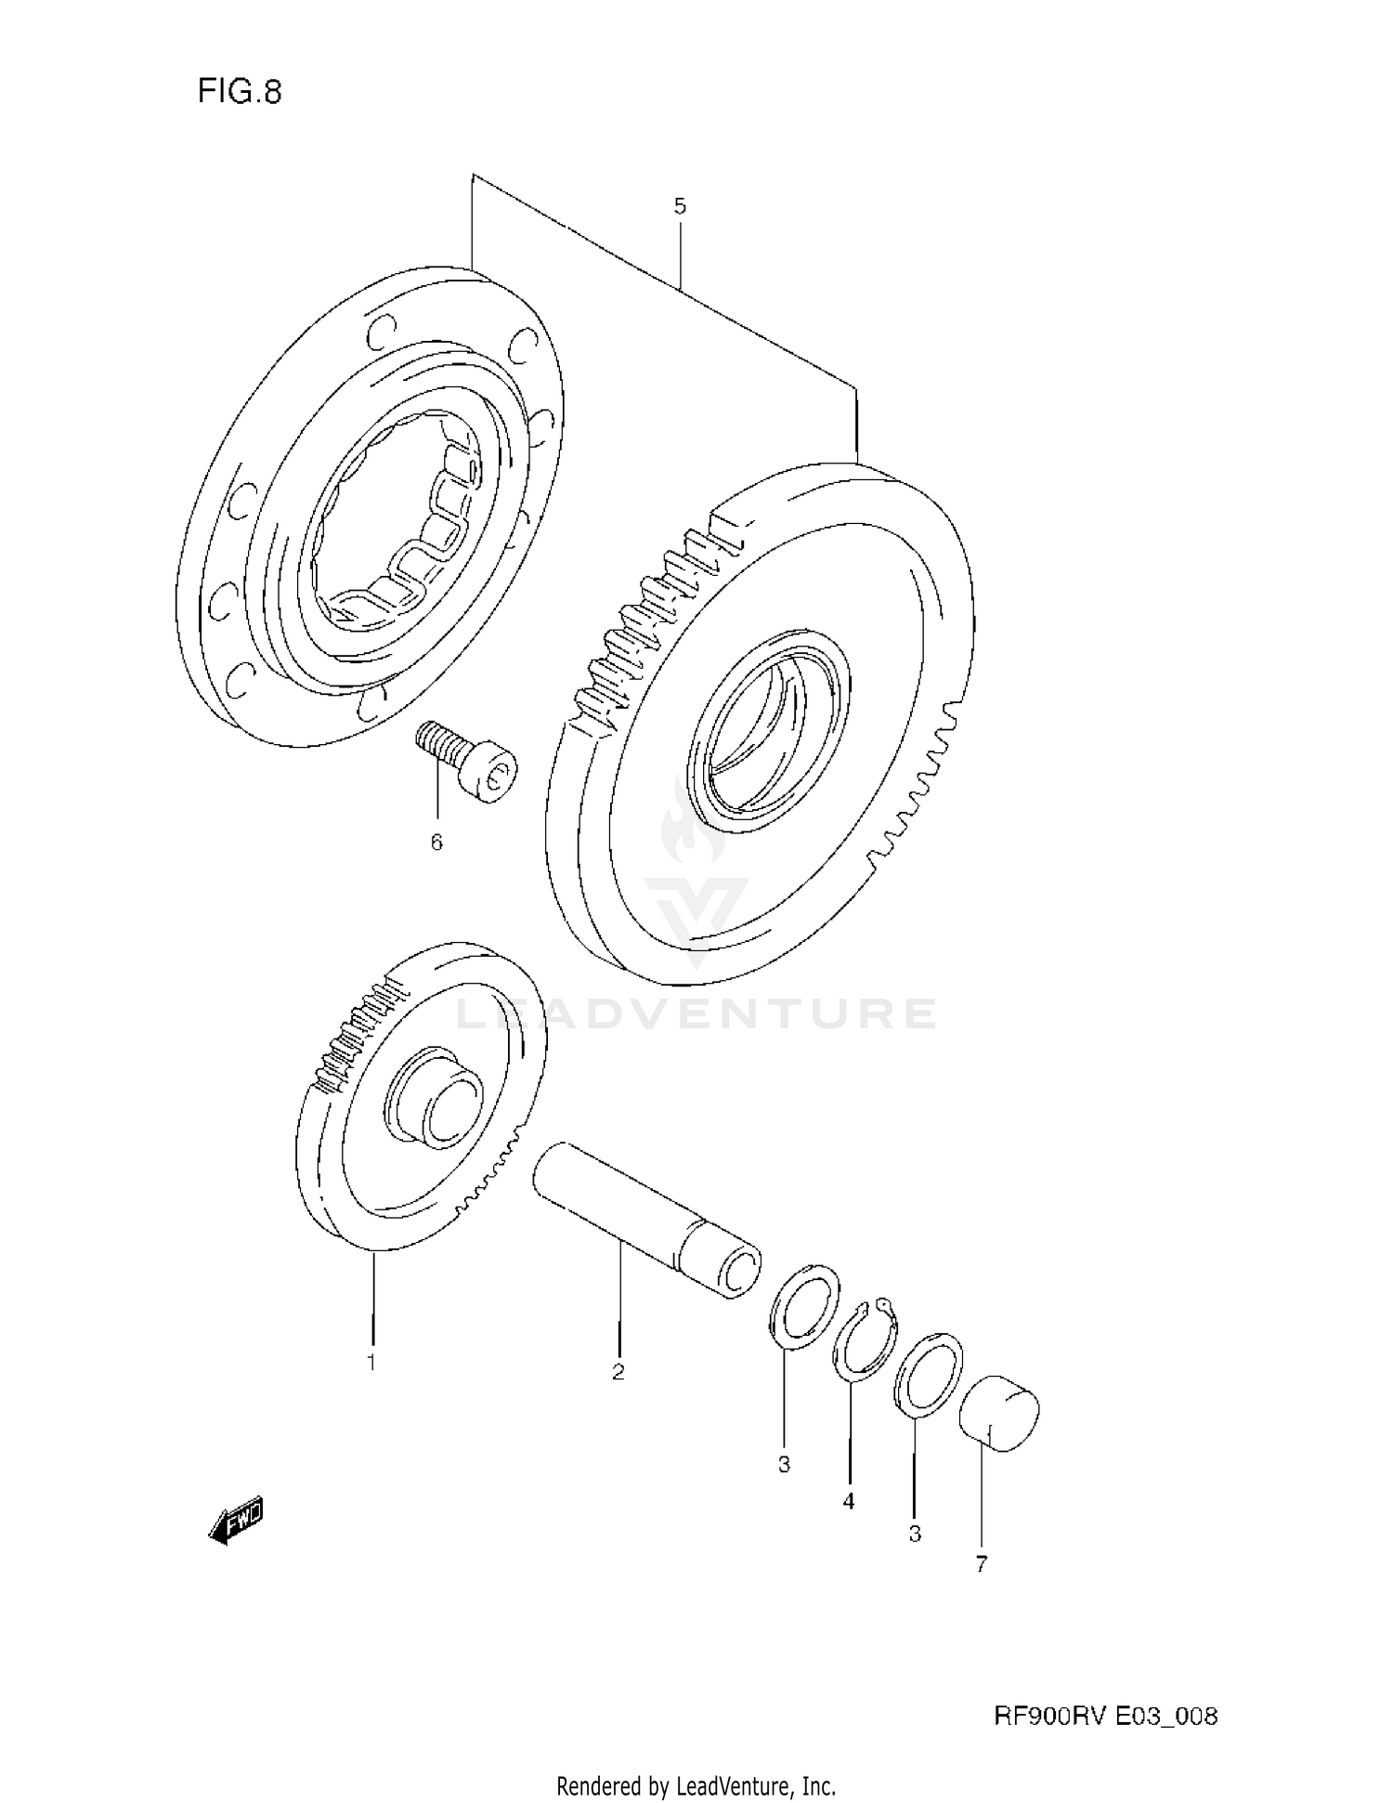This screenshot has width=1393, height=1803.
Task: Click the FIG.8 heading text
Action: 239,92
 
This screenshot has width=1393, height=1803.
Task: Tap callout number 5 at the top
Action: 680,206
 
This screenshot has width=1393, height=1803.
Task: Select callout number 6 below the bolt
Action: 436,842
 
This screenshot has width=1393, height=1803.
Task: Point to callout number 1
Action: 371,1363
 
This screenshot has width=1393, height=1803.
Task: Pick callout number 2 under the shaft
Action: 618,1371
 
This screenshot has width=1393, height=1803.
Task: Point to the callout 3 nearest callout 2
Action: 784,1465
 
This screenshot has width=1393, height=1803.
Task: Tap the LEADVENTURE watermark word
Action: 696,1013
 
